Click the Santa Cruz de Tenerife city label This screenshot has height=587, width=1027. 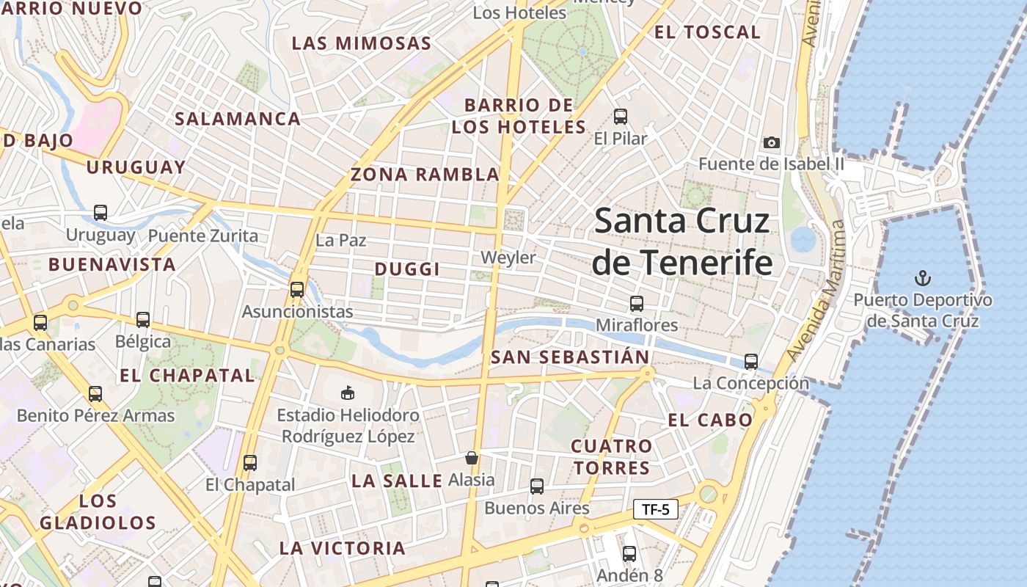pos(682,241)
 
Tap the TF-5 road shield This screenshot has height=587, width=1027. pos(655,509)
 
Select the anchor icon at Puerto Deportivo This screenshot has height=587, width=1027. pos(923,278)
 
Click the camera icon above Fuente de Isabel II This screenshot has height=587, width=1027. pos(771,142)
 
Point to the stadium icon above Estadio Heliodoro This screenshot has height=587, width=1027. pos(348,393)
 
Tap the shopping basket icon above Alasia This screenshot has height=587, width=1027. pos(472,458)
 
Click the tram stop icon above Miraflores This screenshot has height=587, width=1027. pos(637,303)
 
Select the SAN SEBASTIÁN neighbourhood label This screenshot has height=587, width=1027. pos(570,358)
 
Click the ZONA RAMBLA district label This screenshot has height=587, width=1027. pos(425,175)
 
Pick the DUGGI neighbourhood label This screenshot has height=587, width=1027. pos(407,269)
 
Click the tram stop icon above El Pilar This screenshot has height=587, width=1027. pos(621,116)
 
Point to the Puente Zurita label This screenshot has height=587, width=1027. pos(203,236)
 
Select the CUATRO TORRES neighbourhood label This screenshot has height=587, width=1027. pos(611,457)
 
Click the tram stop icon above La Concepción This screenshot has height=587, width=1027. pos(750,361)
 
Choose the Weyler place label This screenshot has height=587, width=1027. pos(508,258)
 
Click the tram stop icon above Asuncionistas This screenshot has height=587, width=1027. pos(296,289)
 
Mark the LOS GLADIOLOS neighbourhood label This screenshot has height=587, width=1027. pos(98,512)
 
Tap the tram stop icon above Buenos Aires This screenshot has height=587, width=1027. pos(537,486)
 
